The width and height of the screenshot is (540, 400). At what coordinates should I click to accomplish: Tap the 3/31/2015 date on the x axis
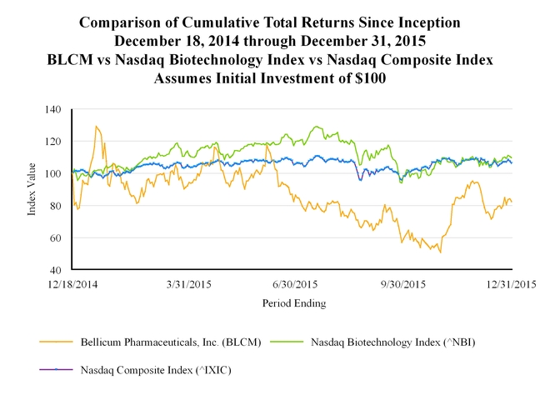pyautogui.click(x=187, y=285)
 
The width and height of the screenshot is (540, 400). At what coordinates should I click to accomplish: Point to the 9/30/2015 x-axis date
pyautogui.click(x=402, y=285)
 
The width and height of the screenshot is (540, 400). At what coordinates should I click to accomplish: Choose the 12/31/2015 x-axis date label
pyautogui.click(x=511, y=285)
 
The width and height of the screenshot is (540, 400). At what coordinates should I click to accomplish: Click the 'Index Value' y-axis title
pyautogui.click(x=32, y=190)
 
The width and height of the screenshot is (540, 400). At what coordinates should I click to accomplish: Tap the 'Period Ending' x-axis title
pyautogui.click(x=293, y=303)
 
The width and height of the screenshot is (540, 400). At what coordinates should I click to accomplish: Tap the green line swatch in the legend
pyautogui.click(x=286, y=342)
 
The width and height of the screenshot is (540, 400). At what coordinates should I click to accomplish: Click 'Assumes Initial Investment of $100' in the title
pyautogui.click(x=270, y=79)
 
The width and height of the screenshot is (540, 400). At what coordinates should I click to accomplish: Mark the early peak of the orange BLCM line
pyautogui.click(x=97, y=127)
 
